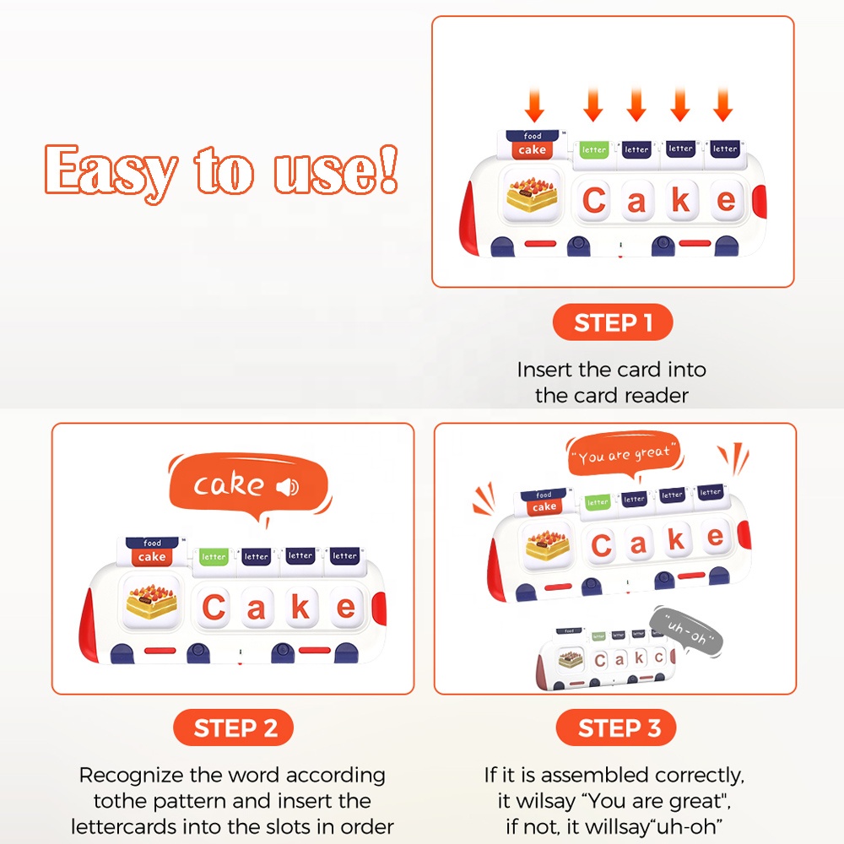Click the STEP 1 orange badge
coord(613,322)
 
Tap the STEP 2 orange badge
coord(234,728)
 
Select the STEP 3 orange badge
coord(616,728)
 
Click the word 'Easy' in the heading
coord(111,172)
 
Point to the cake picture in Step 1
coord(532,195)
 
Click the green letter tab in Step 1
coord(593,149)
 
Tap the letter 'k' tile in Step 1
coord(681,200)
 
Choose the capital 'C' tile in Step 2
coord(214,607)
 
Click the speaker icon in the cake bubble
coord(288,487)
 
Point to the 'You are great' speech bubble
coord(625,455)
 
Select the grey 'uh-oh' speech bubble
coord(687,631)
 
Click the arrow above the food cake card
coord(534,104)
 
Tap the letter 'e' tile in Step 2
coord(346,607)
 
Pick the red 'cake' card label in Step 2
coord(152,557)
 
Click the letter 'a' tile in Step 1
coord(636,200)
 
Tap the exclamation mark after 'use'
coord(388,169)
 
